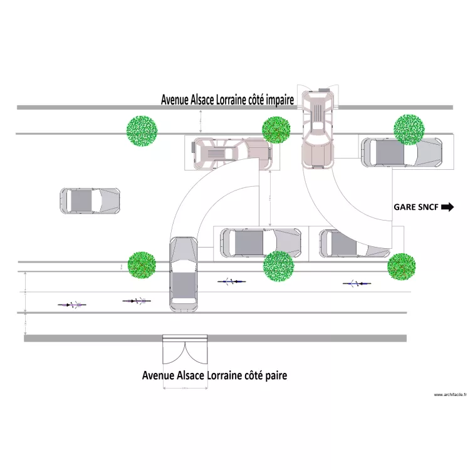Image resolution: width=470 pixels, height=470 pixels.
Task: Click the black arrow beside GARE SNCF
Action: [x=447, y=206]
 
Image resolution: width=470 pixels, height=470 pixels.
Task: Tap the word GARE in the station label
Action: [x=404, y=206]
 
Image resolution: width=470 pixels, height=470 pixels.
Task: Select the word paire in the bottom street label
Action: [x=273, y=376]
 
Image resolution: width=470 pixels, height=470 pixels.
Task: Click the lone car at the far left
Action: [x=90, y=201]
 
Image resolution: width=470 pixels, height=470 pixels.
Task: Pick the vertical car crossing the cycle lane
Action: [x=183, y=274]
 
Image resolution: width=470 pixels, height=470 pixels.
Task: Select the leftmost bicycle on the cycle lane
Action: [x=72, y=305]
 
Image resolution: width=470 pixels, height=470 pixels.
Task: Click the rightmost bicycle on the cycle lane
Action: [x=356, y=284]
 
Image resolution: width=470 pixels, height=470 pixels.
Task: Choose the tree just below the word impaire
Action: [x=276, y=130]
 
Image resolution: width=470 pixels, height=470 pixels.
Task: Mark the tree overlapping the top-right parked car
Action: [x=410, y=130]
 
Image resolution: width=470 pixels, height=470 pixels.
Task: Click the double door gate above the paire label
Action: [x=185, y=350]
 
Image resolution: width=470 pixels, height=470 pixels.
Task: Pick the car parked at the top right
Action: [x=401, y=152]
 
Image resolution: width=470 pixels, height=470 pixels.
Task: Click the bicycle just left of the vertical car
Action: [x=137, y=301]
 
